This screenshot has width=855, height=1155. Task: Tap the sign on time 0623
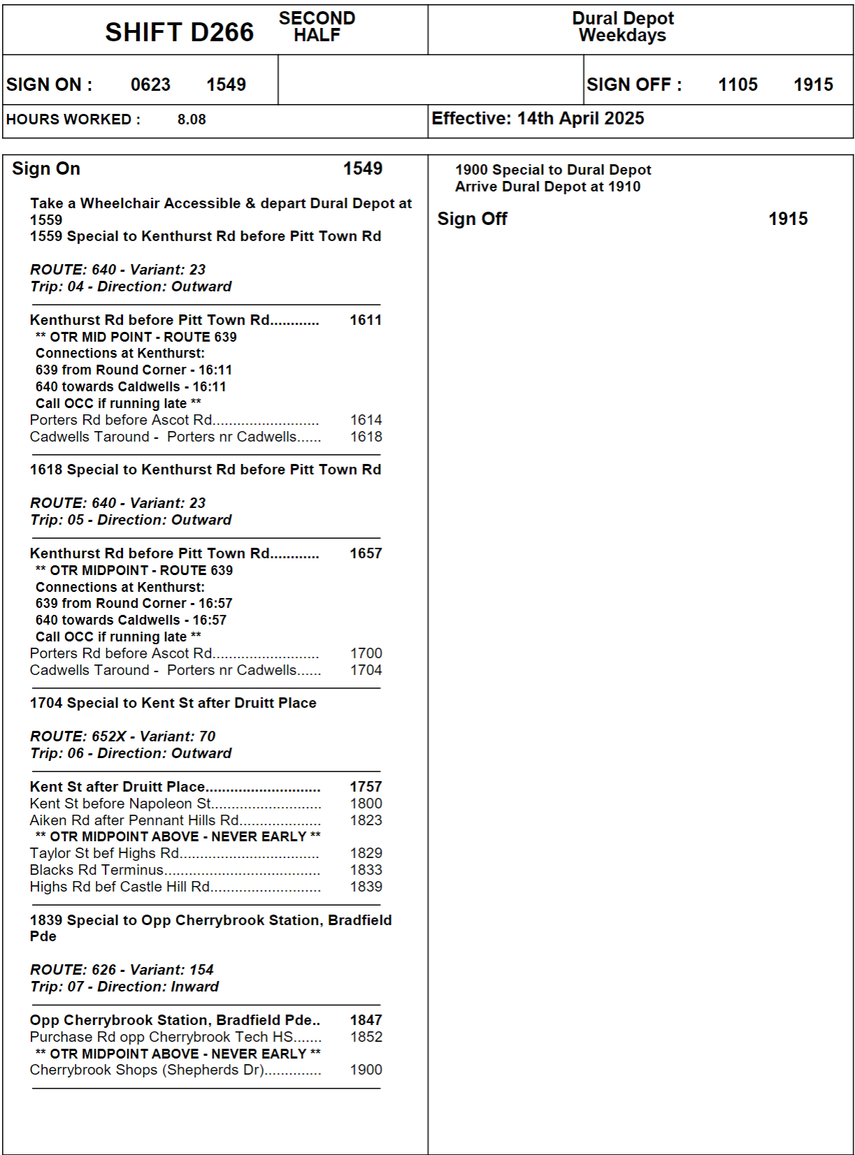(150, 85)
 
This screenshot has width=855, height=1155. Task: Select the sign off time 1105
(738, 85)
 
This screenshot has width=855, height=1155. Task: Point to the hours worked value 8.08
(191, 119)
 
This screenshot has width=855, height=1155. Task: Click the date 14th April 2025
(580, 118)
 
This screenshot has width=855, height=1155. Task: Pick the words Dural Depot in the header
(623, 18)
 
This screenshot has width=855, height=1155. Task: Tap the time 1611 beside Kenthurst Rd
(365, 320)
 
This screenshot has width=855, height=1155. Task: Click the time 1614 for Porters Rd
(366, 420)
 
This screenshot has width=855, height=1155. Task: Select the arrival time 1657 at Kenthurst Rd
(365, 553)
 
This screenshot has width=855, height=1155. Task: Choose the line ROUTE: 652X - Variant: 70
(123, 736)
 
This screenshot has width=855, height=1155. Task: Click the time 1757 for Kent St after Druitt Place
(365, 787)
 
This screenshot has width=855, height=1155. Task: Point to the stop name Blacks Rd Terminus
(96, 870)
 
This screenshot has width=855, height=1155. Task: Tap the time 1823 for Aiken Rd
(366, 820)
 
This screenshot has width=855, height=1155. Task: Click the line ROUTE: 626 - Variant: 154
(122, 970)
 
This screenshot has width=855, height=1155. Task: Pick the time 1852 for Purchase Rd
(366, 1037)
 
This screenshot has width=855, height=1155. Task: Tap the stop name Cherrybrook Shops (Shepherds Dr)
(147, 1070)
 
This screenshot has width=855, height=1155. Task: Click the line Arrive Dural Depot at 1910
(548, 187)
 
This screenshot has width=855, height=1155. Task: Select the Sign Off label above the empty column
(472, 219)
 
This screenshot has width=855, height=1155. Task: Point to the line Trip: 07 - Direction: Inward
(124, 987)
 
